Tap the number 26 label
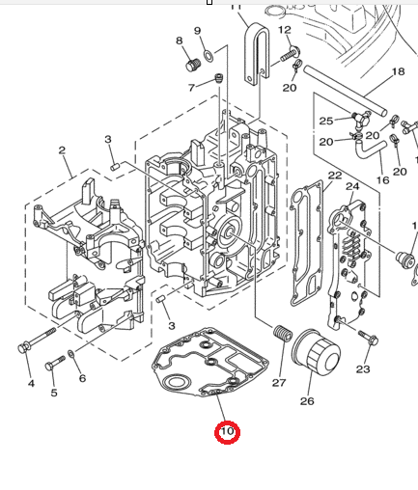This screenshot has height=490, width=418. pyautogui.click(x=307, y=400)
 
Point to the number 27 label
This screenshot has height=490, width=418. pyautogui.click(x=279, y=383)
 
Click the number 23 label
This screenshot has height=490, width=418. pyautogui.click(x=363, y=368)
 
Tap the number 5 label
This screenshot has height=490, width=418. pyautogui.click(x=53, y=393)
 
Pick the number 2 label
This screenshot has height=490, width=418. pyautogui.click(x=62, y=150)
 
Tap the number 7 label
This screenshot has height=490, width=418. pyautogui.click(x=191, y=88)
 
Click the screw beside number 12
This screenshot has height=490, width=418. pyautogui.click(x=288, y=56)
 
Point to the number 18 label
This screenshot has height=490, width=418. pyautogui.click(x=398, y=72)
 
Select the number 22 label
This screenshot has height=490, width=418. pyautogui.click(x=334, y=176)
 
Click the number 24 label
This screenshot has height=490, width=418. pyautogui.click(x=352, y=185)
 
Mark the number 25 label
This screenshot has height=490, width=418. pyautogui.click(x=325, y=121)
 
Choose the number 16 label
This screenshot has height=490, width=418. pyautogui.click(x=383, y=179)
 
